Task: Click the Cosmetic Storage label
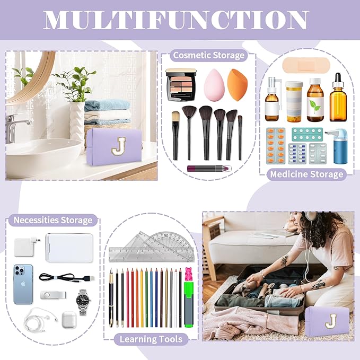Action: pos(208,55)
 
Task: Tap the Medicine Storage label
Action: pos(307,174)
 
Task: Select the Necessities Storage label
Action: pos(52,219)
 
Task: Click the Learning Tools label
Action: pos(151,339)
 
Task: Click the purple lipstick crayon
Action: pos(208,168)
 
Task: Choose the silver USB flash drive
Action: pos(52,295)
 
